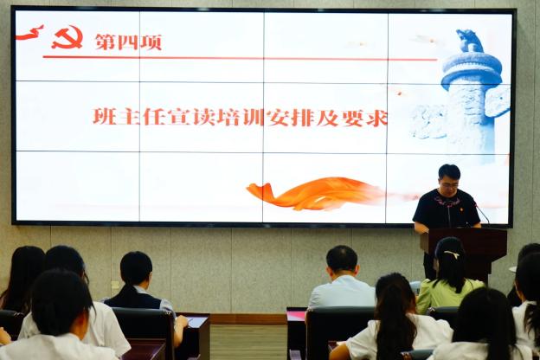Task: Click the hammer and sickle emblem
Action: coord(67,37)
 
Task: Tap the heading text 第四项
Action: coord(128,42)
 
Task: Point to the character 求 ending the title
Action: coord(378,118)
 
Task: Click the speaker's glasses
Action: coord(451,185)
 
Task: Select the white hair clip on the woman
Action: coord(452,254)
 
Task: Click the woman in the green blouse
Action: coord(449,275)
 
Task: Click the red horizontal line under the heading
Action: coord(240,58)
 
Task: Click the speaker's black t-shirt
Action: coord(446,209)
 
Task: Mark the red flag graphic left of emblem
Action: coord(30,33)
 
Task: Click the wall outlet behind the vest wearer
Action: coord(116,286)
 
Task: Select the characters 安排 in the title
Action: coord(291,117)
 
